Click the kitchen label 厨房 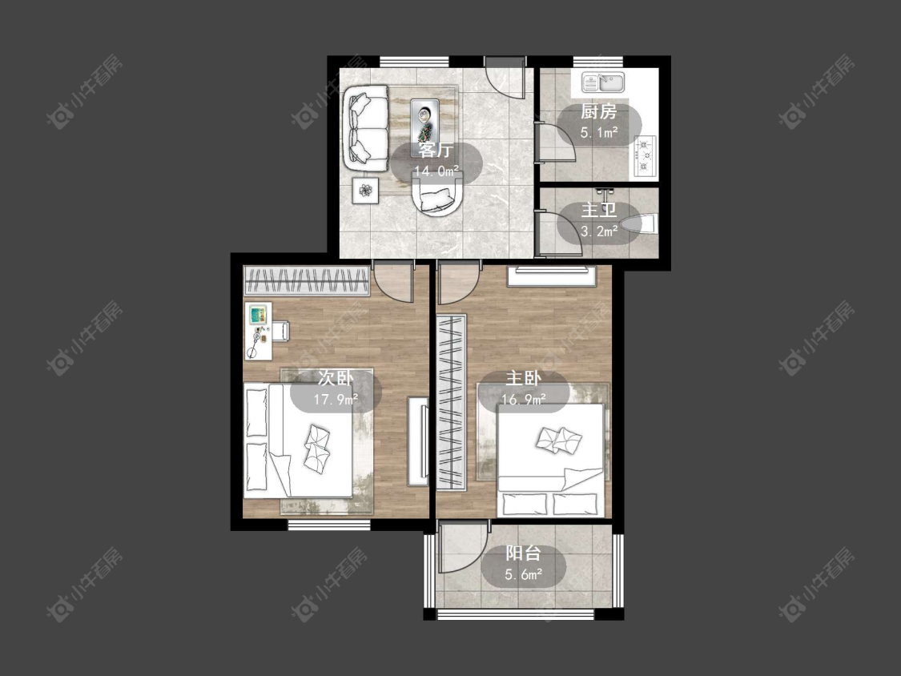598,111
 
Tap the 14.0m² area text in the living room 436,171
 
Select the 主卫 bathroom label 598,210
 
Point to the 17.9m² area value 336,399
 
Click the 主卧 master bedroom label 523,378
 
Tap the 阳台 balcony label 523,553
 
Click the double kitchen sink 603,82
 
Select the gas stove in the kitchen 646,155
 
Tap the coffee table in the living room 424,121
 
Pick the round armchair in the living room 437,195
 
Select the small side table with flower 365,191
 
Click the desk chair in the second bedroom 281,331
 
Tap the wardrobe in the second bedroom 306,280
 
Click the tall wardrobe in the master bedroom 451,402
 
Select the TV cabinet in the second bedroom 418,441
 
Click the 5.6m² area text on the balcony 524,574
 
